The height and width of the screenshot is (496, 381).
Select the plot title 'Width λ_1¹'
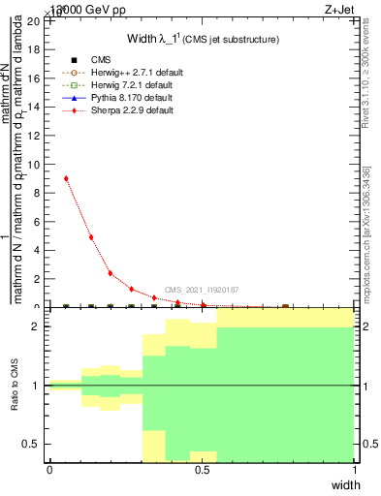[x=203, y=39]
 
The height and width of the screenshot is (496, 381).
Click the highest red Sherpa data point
[x=66, y=178]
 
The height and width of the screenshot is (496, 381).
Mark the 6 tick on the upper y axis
[x=38, y=221]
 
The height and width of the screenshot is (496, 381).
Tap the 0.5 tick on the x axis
[x=202, y=470]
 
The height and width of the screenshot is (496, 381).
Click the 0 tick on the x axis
[x=49, y=470]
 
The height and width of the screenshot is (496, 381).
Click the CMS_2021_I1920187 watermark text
[x=202, y=290]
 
